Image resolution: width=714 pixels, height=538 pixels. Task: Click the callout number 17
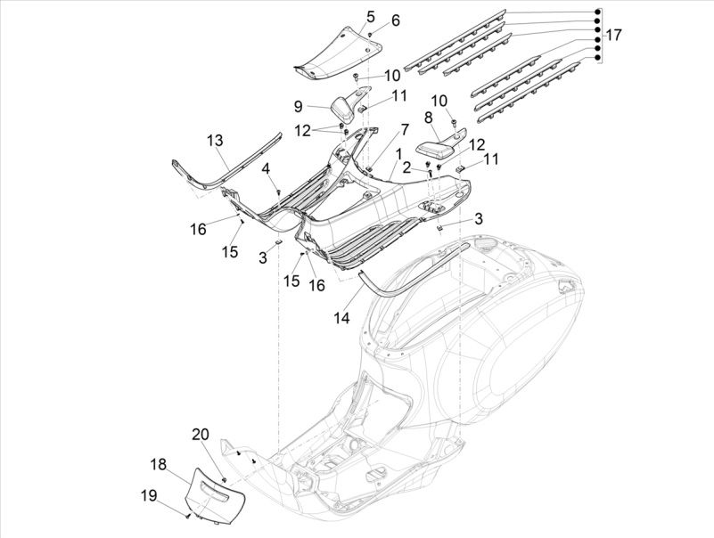(613, 36)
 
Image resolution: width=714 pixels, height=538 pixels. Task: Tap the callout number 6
(396, 20)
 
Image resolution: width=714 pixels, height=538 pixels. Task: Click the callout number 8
(429, 117)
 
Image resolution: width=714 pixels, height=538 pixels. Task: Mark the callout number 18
(158, 463)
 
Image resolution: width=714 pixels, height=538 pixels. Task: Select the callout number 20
(201, 435)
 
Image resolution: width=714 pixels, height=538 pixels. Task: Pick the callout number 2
(406, 167)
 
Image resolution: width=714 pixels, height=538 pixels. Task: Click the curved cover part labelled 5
(339, 55)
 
